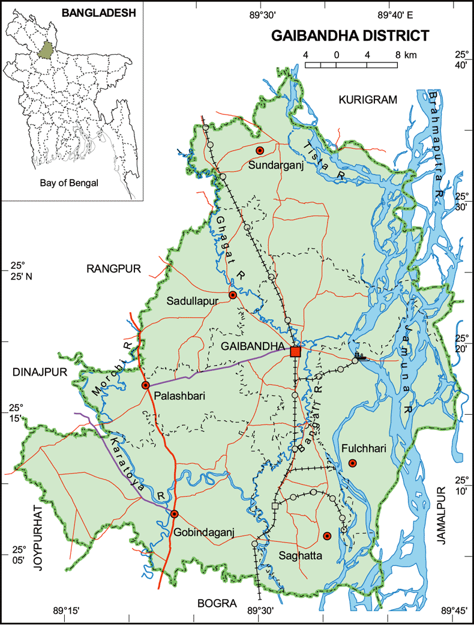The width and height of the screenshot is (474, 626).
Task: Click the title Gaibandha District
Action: [x=350, y=36]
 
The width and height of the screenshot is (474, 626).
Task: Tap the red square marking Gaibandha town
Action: [x=295, y=351]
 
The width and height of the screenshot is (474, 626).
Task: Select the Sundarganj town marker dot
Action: [x=260, y=150]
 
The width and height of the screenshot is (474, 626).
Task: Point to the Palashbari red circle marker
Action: [x=145, y=385]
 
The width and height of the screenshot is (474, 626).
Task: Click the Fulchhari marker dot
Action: [x=353, y=463]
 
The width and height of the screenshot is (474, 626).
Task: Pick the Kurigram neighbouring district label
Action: [x=367, y=100]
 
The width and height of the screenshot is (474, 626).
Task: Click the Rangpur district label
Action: [x=113, y=269]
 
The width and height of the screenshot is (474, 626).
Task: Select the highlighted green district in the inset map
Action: [x=44, y=50]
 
